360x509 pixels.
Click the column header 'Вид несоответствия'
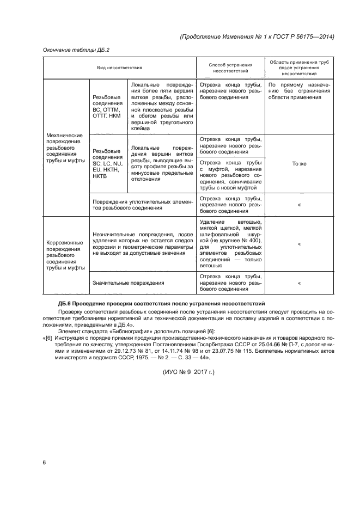click(x=119, y=68)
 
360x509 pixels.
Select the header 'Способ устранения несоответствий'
click(x=230, y=68)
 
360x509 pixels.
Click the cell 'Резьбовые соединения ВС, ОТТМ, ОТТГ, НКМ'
click(x=107, y=106)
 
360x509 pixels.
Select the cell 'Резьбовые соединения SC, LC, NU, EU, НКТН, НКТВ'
click(x=108, y=163)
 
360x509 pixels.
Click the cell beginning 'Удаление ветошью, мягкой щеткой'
click(x=230, y=244)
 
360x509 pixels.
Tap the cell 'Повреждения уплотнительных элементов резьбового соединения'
click(x=143, y=204)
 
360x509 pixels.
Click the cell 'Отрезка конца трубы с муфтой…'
click(x=230, y=175)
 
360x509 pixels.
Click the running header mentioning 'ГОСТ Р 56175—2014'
click(x=256, y=36)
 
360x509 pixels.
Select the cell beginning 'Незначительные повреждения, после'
click(x=143, y=244)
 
